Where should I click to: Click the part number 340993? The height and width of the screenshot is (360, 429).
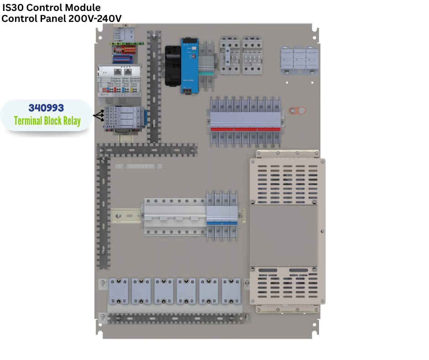(46, 108)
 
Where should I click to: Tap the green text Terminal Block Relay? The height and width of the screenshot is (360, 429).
(47, 121)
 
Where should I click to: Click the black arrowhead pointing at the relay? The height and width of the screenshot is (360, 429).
(98, 116)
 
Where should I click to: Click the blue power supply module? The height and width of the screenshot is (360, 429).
(189, 65)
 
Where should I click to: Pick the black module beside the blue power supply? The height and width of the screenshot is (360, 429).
(173, 65)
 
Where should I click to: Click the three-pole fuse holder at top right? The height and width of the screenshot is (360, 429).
(299, 60)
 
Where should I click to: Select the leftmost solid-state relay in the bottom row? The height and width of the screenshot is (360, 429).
(119, 291)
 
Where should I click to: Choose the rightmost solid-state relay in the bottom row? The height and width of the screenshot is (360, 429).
(231, 291)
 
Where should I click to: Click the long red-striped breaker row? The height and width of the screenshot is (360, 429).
(246, 122)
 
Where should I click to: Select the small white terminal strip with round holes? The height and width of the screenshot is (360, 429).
(139, 166)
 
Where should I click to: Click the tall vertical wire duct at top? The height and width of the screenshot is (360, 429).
(155, 87)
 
